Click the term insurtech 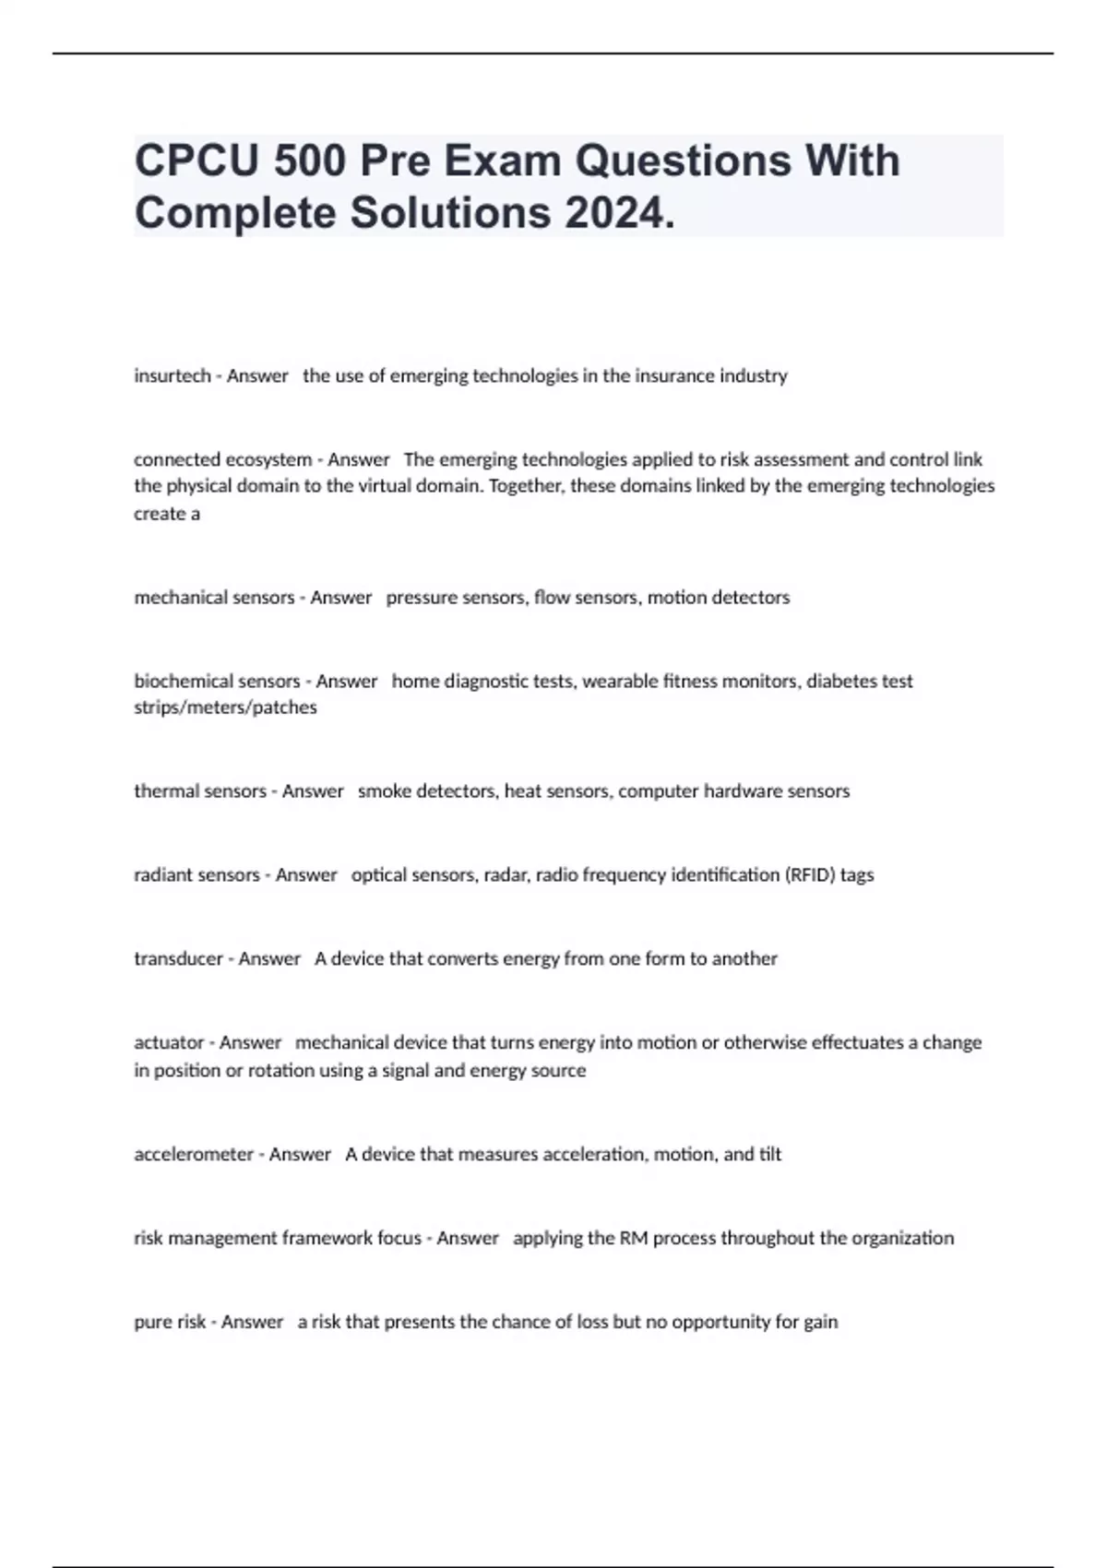pos(173,376)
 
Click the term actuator pos(169,1043)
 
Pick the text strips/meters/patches pos(225,707)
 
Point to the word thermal pos(162,791)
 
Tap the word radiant pos(163,875)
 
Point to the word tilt pos(769,1155)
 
